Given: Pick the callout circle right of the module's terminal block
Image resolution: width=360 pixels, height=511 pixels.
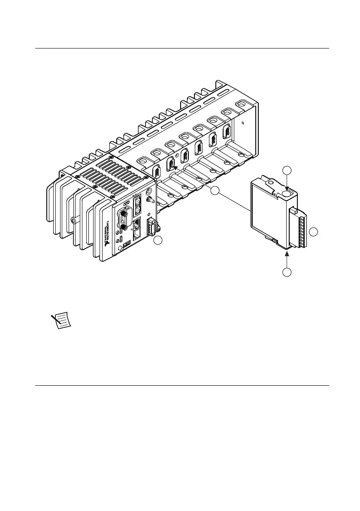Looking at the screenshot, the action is (314, 232).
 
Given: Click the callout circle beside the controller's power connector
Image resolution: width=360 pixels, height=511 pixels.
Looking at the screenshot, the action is (158, 241).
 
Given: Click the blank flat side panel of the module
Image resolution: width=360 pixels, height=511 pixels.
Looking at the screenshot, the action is (266, 210).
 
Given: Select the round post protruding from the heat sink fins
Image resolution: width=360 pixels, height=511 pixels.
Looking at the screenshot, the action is (74, 220).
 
